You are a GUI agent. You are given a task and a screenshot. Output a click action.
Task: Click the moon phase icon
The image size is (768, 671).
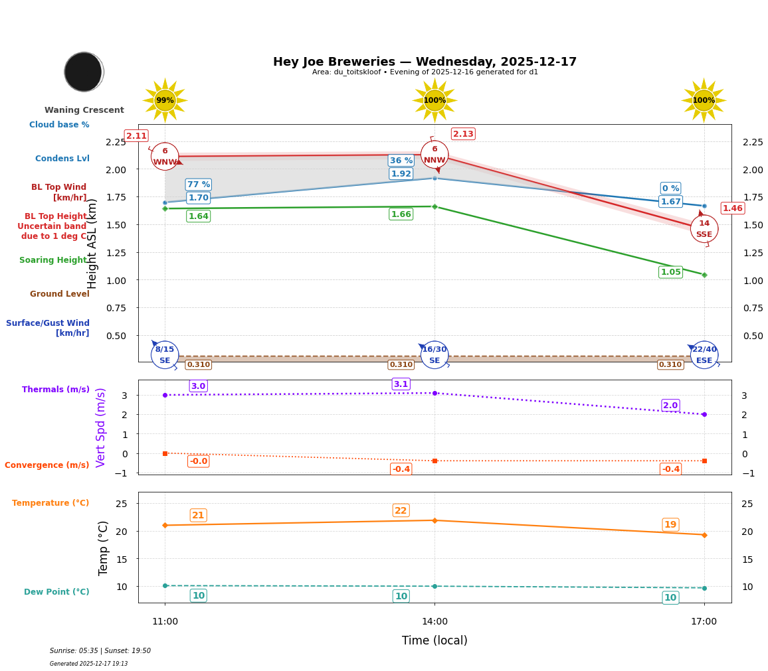[x=84, y=72]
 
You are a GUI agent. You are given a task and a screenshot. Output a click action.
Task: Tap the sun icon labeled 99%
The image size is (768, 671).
[x=165, y=101]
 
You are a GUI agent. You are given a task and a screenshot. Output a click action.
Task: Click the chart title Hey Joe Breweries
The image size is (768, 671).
[x=425, y=62]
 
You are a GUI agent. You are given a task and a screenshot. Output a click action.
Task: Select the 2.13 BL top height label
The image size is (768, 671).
[x=463, y=134]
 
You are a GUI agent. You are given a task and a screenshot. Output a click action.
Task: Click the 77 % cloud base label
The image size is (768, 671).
[x=198, y=185]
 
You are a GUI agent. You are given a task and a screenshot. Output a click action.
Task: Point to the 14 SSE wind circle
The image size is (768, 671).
[x=704, y=229]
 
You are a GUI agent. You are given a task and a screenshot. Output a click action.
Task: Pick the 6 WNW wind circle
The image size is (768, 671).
[x=165, y=157]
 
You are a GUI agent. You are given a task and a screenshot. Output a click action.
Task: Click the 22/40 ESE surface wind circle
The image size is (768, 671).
[x=704, y=355]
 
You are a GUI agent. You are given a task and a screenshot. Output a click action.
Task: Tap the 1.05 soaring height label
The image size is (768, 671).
[x=670, y=272]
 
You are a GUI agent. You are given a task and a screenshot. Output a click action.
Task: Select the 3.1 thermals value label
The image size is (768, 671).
[x=401, y=384]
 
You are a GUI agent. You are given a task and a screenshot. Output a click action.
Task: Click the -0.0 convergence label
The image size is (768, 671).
[x=198, y=461]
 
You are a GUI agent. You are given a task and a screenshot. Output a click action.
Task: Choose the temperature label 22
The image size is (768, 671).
[x=401, y=510]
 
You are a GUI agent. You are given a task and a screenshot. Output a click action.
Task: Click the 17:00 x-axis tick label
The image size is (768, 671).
[x=704, y=622]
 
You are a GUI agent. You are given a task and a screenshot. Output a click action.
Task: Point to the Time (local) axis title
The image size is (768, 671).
[x=434, y=640]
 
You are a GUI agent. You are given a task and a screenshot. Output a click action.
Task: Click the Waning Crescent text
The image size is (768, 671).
[x=84, y=110]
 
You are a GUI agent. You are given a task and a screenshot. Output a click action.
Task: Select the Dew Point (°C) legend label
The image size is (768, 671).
[x=56, y=592]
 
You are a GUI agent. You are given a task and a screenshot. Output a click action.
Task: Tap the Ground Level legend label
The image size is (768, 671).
[x=60, y=294]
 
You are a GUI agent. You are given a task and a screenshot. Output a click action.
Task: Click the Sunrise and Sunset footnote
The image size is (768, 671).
[x=100, y=651]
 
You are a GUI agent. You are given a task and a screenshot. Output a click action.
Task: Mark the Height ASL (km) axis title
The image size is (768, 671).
[x=92, y=244]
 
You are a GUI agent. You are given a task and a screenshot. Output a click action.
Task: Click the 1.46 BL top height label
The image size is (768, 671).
[x=732, y=208]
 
